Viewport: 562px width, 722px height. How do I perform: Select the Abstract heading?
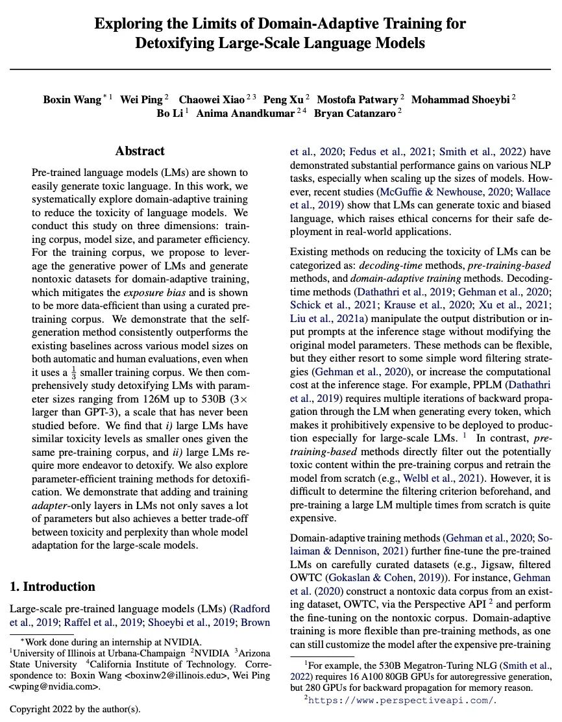click(140, 151)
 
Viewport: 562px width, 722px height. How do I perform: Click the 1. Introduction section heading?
click(53, 587)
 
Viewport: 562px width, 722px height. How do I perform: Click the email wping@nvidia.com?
click(57, 686)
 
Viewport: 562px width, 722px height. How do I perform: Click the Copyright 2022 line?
click(75, 708)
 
